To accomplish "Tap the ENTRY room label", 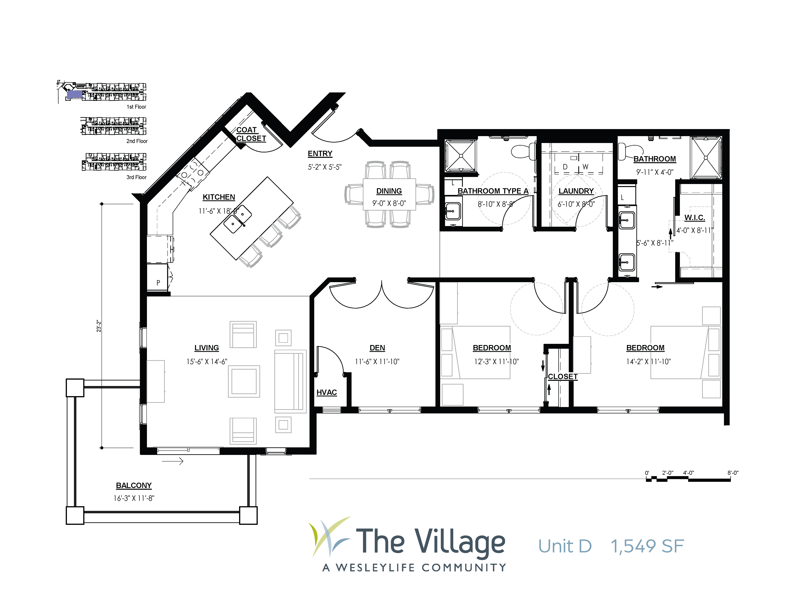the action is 320,154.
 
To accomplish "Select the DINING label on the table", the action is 389,191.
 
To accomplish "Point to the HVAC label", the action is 326,392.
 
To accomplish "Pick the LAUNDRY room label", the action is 576,191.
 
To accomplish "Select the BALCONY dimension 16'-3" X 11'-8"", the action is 134,498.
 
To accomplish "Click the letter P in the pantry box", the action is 158,283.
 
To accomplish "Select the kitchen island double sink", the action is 238,219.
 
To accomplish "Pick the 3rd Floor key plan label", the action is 137,177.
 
